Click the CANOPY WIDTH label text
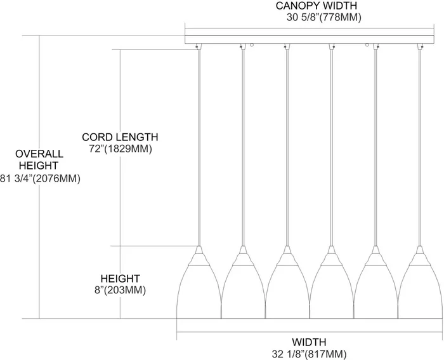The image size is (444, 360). tap(317, 6)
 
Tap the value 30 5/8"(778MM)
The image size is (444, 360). tap(324, 18)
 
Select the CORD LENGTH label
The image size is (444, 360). tap(120, 137)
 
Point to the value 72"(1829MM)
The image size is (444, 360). tap(121, 149)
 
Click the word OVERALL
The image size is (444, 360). tap(39, 154)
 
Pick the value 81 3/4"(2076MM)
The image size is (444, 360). tap(40, 178)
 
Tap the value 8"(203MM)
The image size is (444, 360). tap(121, 290)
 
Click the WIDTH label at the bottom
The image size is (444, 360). tap(310, 342)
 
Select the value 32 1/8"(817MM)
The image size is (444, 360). tap(310, 354)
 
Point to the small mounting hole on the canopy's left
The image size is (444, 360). tap(251, 45)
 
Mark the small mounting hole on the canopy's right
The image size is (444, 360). tap(367, 45)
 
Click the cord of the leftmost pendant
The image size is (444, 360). tap(199, 148)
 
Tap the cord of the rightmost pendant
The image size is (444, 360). tap(420, 148)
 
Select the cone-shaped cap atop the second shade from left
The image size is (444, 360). tap(243, 256)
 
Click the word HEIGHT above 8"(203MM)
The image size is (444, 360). tap(121, 279)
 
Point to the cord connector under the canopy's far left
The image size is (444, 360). tap(199, 47)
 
